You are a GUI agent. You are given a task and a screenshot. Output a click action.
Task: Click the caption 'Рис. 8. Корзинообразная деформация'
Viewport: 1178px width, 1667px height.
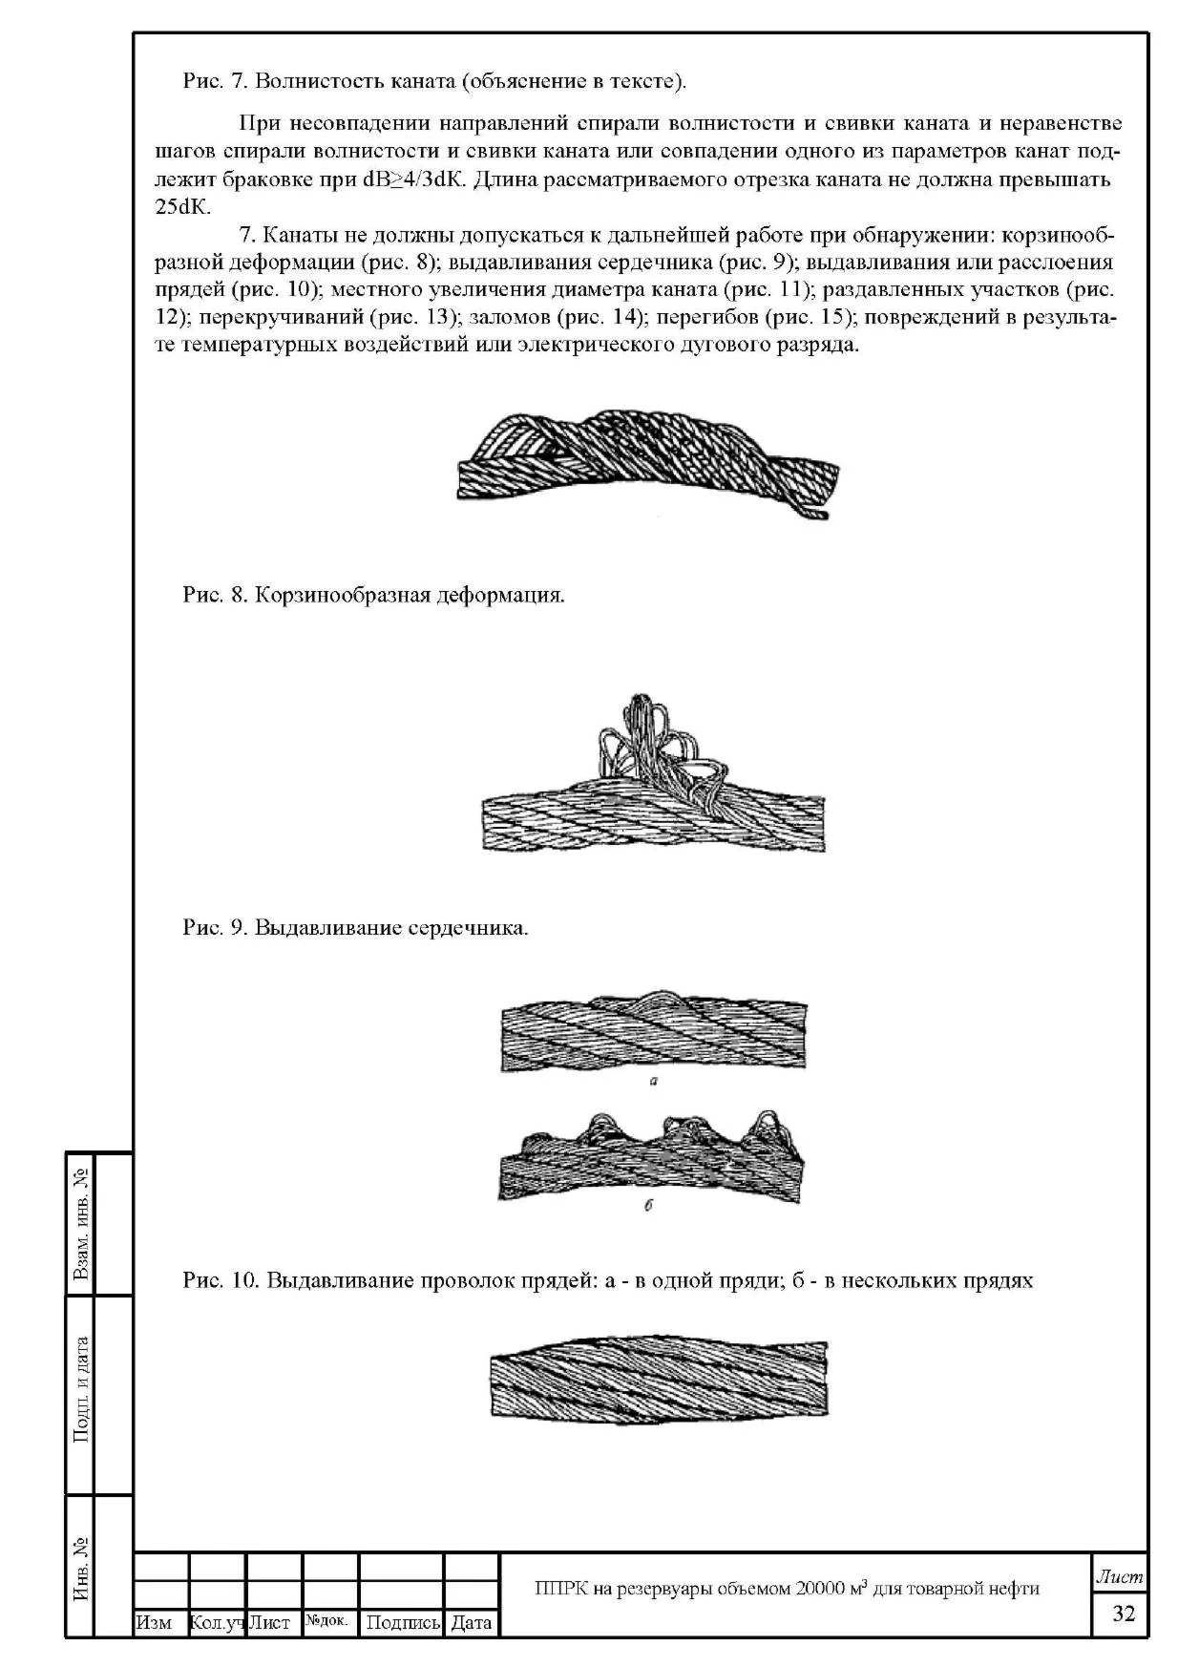(x=373, y=595)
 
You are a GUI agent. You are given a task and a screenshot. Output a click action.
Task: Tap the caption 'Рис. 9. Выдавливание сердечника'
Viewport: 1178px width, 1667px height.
(x=355, y=927)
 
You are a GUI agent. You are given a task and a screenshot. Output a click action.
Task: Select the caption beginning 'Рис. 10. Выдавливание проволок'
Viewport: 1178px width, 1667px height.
(x=607, y=1279)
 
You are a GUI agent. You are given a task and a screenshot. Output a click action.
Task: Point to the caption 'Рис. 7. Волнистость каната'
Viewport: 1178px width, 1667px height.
(x=434, y=80)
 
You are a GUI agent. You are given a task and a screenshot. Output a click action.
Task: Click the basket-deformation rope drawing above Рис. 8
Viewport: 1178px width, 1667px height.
(x=649, y=461)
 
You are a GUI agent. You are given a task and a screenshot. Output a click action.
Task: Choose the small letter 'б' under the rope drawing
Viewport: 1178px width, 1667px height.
(x=649, y=1206)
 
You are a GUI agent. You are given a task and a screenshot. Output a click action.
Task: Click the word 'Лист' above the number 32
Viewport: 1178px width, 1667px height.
(x=1120, y=1578)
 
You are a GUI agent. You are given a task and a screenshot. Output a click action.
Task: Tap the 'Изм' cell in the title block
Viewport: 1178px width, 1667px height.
(x=155, y=1622)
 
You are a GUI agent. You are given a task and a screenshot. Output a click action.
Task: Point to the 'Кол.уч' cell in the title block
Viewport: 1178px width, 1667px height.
(x=218, y=1622)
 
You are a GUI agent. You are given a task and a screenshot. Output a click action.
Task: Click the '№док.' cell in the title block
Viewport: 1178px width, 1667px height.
(x=328, y=1621)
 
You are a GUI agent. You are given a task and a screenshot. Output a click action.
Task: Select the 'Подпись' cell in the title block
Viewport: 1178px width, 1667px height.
(x=402, y=1622)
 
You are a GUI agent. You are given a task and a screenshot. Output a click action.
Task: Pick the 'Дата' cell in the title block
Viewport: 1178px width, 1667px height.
(x=471, y=1622)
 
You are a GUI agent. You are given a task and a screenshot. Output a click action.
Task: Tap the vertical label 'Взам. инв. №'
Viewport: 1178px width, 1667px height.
(x=82, y=1224)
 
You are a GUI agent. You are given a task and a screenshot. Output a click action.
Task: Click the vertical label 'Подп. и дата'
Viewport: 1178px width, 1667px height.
(x=82, y=1389)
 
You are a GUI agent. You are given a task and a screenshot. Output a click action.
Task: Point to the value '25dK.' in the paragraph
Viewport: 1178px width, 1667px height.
(x=182, y=206)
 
